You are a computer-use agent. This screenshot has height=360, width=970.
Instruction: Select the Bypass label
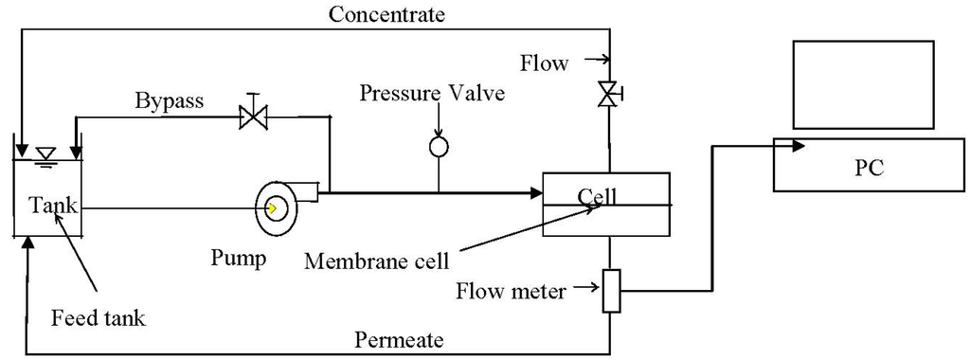170,100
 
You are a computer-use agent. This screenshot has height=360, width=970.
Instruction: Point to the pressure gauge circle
439,147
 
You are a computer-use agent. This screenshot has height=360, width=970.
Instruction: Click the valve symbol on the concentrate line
608,94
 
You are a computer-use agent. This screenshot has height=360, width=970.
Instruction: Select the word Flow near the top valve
544,64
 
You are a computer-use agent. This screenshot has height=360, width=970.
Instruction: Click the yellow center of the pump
273,207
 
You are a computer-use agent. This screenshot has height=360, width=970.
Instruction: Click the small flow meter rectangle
611,291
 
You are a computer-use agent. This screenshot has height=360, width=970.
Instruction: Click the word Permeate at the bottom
398,338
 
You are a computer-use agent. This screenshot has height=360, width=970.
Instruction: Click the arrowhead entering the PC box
798,146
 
